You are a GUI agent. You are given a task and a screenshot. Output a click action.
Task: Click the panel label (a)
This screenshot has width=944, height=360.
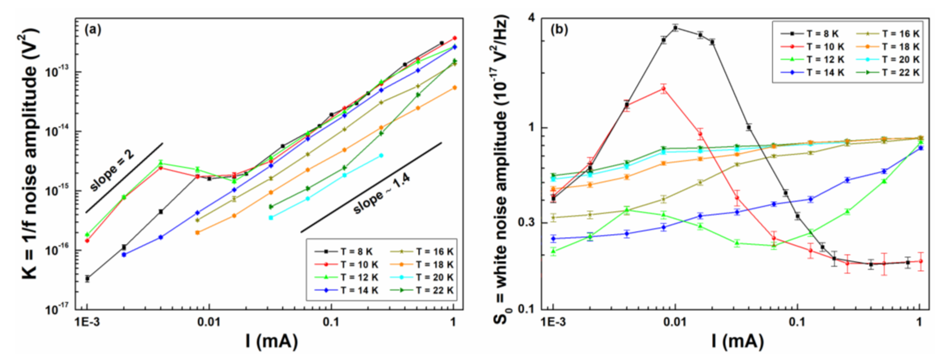(x=92, y=29)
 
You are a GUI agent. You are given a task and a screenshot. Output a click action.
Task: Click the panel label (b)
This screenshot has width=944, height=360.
(x=559, y=29)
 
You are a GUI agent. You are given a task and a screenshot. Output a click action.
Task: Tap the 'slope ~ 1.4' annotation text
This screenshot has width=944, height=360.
(x=381, y=194)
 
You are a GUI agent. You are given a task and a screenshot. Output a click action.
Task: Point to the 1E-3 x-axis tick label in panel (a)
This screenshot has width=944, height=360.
(x=87, y=322)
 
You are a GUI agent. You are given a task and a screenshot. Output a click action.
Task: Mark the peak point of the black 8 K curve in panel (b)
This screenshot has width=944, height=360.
(x=675, y=28)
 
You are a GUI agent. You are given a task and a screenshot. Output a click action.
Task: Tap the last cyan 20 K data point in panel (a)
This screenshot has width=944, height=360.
(x=381, y=155)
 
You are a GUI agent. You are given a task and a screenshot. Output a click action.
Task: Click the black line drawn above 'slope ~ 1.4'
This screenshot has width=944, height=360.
(x=370, y=187)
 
